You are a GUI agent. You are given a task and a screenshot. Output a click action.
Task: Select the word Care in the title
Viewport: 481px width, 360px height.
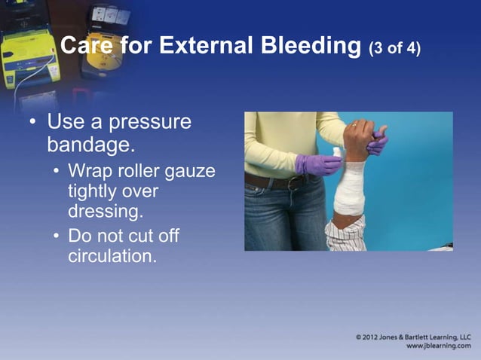point(85,47)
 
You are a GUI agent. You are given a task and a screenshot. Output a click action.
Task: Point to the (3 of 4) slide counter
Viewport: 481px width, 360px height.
point(394,49)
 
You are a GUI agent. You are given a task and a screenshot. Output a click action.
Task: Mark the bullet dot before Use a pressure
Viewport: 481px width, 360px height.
point(31,122)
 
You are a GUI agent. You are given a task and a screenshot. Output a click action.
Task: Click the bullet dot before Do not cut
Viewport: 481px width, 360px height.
point(58,236)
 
